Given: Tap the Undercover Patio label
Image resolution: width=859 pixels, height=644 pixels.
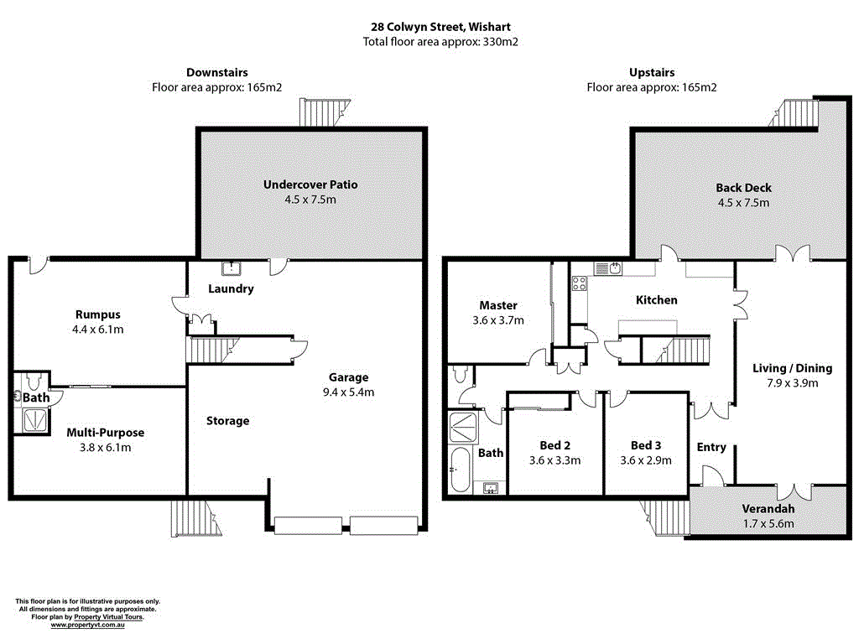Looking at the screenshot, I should [310, 184].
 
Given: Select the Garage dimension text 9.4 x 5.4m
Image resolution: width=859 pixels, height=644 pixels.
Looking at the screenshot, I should [348, 392].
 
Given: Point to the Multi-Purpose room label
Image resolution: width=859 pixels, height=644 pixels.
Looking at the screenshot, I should [105, 433].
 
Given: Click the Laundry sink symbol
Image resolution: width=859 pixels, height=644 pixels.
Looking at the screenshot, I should [231, 269].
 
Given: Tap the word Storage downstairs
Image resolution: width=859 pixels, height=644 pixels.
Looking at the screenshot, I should [227, 421].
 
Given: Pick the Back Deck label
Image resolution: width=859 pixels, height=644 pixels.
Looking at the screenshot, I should [743, 188].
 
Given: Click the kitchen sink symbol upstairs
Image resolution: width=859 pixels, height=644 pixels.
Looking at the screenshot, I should [612, 268].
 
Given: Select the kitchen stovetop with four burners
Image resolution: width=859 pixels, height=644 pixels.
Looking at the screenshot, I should [579, 283].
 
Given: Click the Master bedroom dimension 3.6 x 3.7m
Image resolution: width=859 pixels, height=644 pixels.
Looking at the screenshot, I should [498, 320].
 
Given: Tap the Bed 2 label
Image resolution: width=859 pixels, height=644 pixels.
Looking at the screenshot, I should [554, 445].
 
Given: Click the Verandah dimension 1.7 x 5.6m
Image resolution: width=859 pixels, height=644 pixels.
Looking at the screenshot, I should [768, 524].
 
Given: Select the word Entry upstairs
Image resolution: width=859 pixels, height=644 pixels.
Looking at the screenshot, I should [711, 447].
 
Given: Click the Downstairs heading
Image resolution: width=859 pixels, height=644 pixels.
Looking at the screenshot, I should [216, 73].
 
